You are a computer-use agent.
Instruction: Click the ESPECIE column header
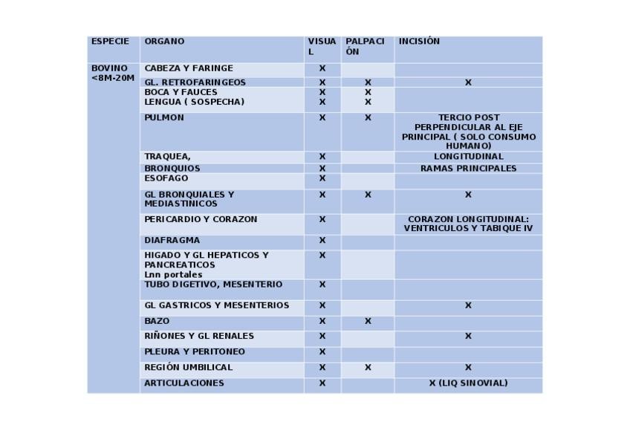110,42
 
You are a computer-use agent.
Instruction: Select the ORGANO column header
164,42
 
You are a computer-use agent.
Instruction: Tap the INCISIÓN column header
419,42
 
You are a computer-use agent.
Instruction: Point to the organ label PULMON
164,117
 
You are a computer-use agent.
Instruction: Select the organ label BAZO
157,322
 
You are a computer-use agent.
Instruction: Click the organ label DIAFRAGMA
172,241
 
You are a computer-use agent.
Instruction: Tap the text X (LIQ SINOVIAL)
468,383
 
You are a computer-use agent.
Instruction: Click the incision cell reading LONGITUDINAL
468,157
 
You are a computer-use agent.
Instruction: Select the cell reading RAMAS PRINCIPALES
468,169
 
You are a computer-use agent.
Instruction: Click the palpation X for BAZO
368,322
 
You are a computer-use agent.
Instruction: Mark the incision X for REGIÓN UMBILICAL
468,368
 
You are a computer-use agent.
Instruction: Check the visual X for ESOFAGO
322,179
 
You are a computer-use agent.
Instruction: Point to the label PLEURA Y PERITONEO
195,352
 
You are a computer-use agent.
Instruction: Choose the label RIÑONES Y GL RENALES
199,336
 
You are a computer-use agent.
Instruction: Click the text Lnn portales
173,274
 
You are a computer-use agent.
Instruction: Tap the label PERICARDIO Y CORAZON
201,220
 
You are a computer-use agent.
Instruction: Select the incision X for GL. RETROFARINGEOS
468,82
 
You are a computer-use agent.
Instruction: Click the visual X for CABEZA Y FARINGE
322,68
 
